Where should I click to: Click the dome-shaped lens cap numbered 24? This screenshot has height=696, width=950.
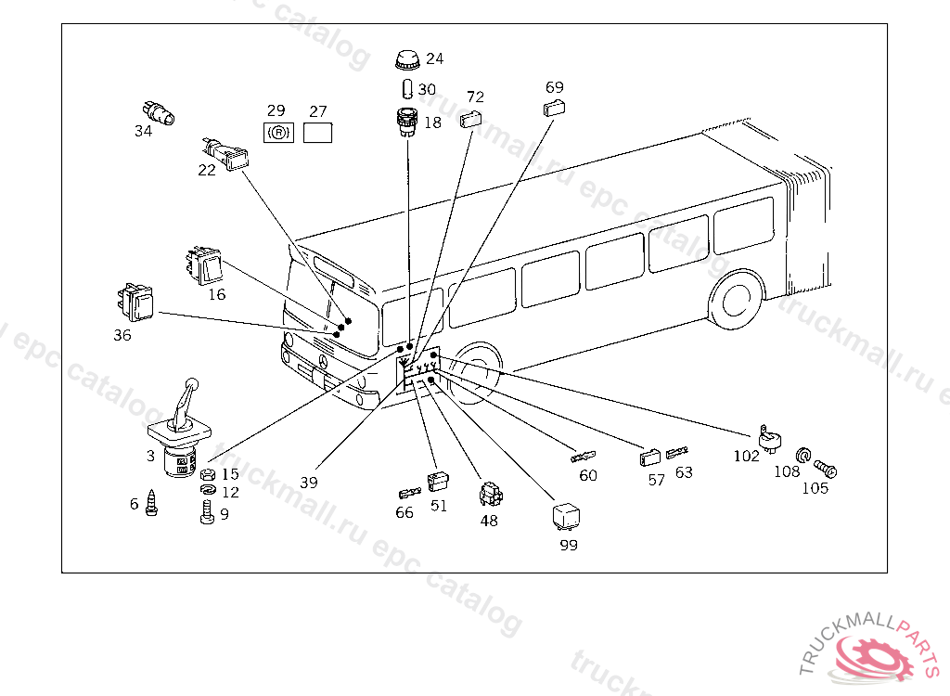coord(405,60)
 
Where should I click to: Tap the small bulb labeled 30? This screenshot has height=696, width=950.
coord(407,89)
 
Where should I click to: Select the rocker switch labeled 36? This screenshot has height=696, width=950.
coord(135,302)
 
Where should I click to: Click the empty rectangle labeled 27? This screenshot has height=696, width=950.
coord(318,133)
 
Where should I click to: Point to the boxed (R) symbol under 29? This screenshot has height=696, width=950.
coord(278,133)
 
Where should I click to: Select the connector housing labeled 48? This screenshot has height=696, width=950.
coord(489,496)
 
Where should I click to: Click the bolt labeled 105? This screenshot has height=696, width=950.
coord(825,471)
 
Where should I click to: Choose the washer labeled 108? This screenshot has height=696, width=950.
coord(803,455)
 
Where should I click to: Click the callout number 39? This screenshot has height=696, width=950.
coord(309,483)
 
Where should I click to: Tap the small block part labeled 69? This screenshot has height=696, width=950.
coord(553,108)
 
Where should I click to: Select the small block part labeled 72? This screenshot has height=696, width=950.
coord(471,117)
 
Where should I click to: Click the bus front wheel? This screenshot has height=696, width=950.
coord(477,370)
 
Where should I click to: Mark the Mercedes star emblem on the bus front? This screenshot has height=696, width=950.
coord(324,362)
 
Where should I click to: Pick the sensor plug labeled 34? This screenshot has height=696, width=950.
coord(162,113)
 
